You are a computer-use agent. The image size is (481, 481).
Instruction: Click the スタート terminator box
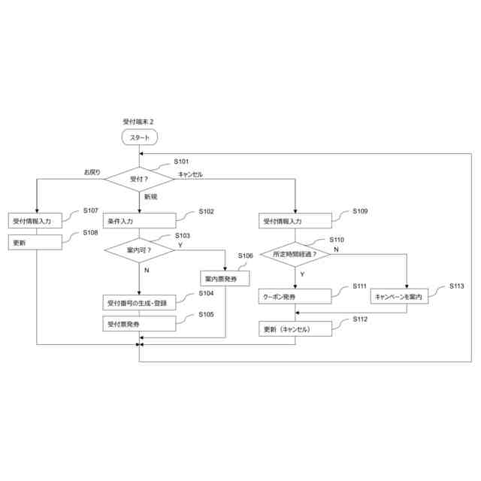tap(140, 138)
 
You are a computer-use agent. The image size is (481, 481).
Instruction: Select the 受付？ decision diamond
tap(140, 179)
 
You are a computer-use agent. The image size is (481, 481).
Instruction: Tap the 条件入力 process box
tap(140, 222)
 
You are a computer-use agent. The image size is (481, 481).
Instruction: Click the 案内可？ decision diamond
tap(140, 250)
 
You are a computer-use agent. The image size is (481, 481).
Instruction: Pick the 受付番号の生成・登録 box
tap(140, 303)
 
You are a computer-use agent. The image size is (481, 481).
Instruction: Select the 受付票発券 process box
tap(140, 323)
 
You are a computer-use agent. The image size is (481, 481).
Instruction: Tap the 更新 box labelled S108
tap(37, 243)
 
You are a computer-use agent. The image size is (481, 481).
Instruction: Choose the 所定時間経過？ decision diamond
tap(295, 254)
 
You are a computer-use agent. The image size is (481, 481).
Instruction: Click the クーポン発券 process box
tap(295, 297)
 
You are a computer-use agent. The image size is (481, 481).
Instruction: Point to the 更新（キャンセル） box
tap(295, 329)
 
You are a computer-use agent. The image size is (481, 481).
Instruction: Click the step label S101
tap(181, 162)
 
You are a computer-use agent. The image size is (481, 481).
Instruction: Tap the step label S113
tap(457, 286)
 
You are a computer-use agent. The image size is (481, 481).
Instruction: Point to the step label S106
tap(246, 256)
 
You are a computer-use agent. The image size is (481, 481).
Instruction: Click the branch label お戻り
tap(92, 173)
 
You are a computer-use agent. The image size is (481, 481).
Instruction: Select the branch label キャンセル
tap(190, 174)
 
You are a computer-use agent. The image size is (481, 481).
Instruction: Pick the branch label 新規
tap(150, 197)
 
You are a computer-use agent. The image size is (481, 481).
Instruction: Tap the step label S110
tap(337, 240)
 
